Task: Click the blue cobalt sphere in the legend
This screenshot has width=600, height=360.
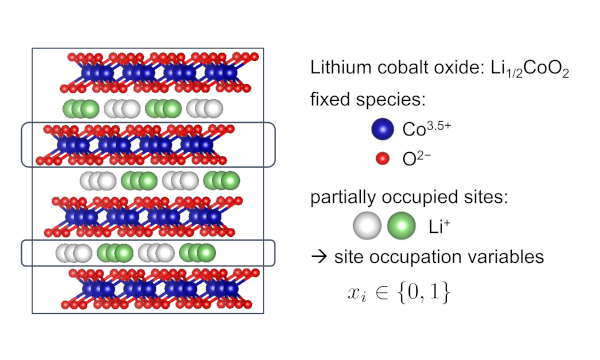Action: [x=382, y=129]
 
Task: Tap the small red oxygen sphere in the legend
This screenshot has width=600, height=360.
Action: [x=382, y=158]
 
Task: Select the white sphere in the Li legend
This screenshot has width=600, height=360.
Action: [x=367, y=226]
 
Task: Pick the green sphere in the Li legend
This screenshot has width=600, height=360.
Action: [x=401, y=226]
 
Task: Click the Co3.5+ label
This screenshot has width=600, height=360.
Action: [x=426, y=129]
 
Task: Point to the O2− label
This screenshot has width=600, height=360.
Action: [x=416, y=158]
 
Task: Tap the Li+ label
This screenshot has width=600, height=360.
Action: [x=439, y=226]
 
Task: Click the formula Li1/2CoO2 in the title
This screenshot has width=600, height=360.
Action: [x=530, y=69]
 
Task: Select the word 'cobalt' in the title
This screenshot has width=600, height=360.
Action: [x=403, y=67]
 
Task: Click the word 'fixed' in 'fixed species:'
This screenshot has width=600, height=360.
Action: [x=330, y=99]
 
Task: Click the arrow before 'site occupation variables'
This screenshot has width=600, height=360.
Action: [x=319, y=257]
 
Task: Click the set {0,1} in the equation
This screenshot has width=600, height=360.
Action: [x=424, y=293]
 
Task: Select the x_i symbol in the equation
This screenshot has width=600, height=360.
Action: [x=356, y=294]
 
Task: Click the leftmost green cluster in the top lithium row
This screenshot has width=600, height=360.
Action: [x=81, y=109]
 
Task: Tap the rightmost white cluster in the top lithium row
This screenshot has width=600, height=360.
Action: [x=205, y=109]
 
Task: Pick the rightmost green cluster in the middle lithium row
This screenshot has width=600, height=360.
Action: [x=222, y=181]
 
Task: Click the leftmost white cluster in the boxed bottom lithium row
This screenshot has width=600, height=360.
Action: [x=74, y=253]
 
